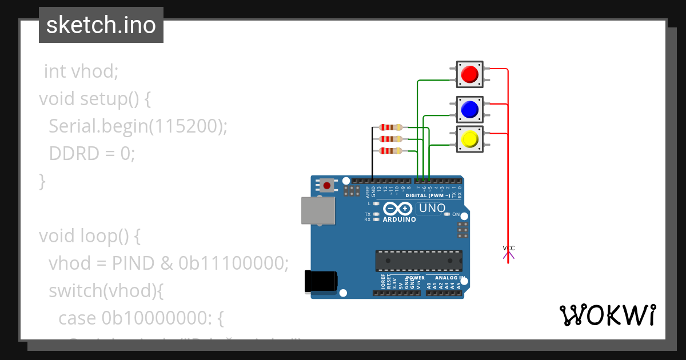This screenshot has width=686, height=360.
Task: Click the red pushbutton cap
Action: click(469, 74)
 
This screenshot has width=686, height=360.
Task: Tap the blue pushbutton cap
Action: click(469, 109)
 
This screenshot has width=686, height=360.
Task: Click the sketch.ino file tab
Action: click(101, 25)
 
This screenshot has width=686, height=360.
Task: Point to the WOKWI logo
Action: click(607, 315)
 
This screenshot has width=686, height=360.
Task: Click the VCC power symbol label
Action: click(508, 248)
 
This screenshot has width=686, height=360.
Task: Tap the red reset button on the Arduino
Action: click(327, 185)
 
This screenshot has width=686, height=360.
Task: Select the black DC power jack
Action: click(321, 281)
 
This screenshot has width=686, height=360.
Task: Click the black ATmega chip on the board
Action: click(419, 261)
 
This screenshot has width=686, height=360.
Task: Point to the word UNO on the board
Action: click(432, 208)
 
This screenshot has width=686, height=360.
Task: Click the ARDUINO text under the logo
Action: click(399, 219)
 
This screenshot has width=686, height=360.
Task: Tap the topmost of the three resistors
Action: click(391, 127)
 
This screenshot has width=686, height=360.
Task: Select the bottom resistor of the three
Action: click(391, 150)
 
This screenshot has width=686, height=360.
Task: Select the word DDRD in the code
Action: click(72, 154)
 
